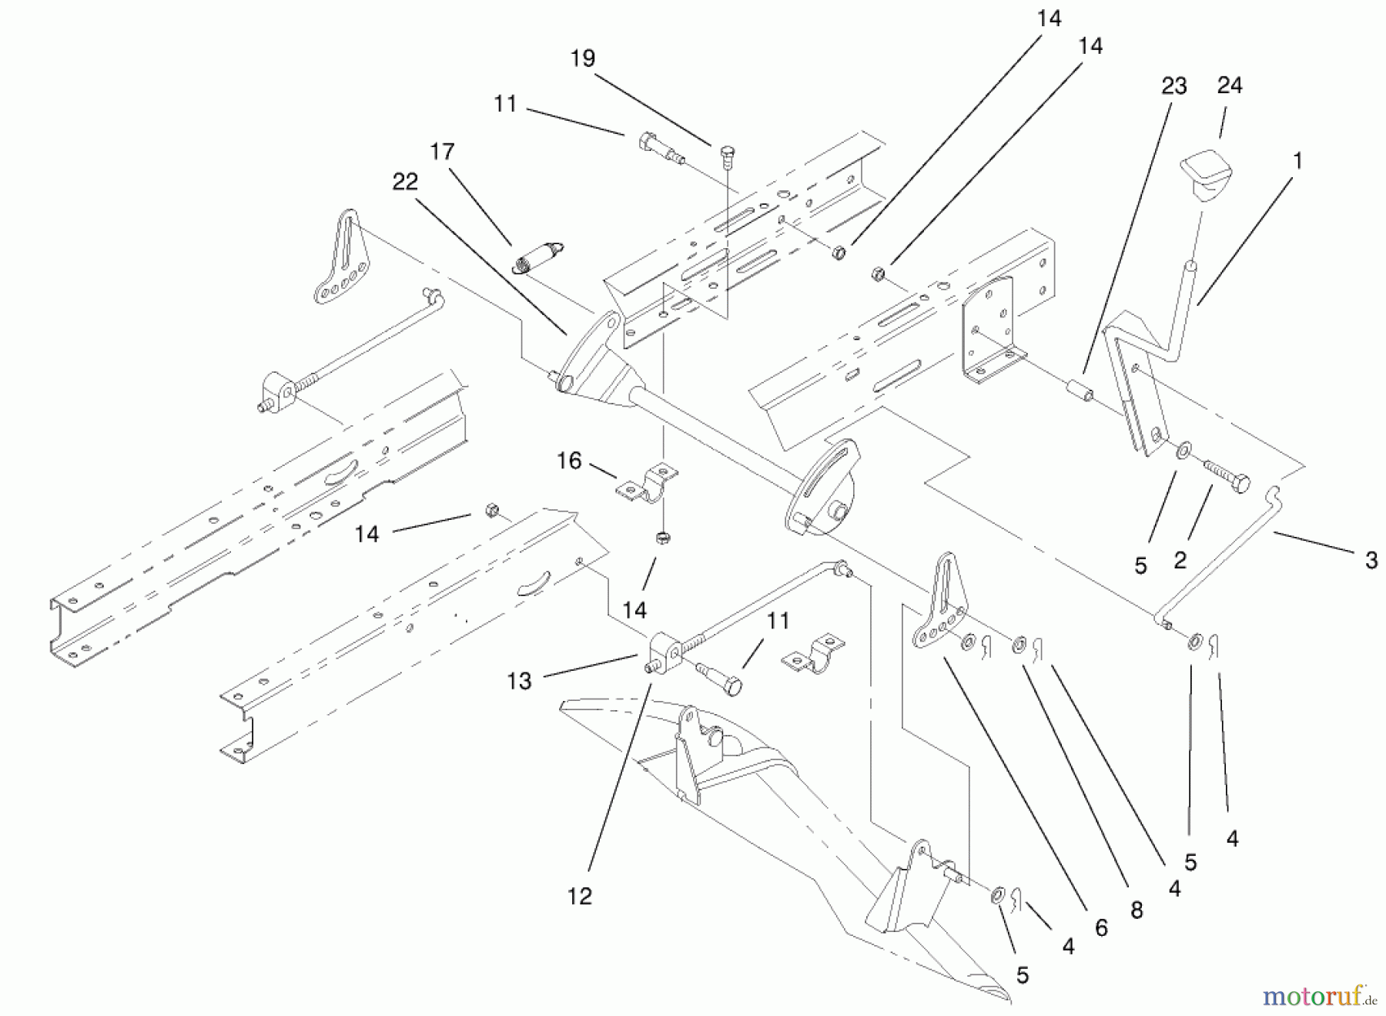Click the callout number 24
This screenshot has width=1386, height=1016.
tap(1229, 85)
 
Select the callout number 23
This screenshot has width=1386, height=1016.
tap(1173, 86)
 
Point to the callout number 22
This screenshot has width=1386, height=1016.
tap(405, 182)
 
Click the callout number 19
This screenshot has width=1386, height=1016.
tap(583, 58)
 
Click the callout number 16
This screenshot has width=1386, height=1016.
tap(569, 461)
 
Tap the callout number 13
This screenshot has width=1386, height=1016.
tap(519, 681)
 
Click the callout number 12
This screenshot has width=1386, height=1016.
tap(579, 896)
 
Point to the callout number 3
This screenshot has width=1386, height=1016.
tap(1371, 560)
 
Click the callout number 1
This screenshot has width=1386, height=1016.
tap(1297, 161)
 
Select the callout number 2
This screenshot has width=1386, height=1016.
tap(1180, 560)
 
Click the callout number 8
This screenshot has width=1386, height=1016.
tap(1137, 910)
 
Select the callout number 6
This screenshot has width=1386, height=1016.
tap(1101, 928)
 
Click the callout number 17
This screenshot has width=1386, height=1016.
tap(442, 151)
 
